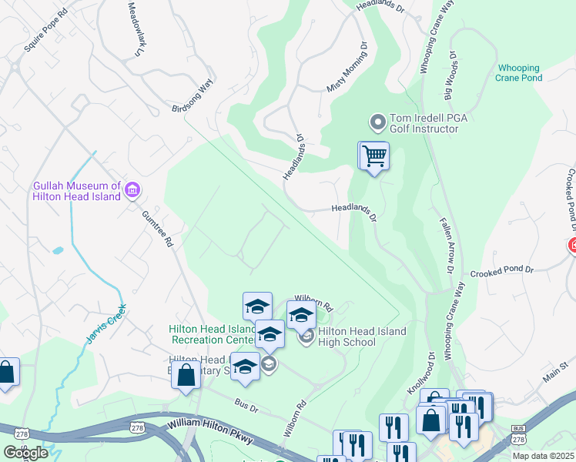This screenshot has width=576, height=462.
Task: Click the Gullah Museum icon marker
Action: (132, 189)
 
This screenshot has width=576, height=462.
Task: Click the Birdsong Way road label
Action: (192, 97)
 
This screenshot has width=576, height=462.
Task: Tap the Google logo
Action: (25, 453)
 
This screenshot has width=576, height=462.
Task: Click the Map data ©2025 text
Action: (543, 456)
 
